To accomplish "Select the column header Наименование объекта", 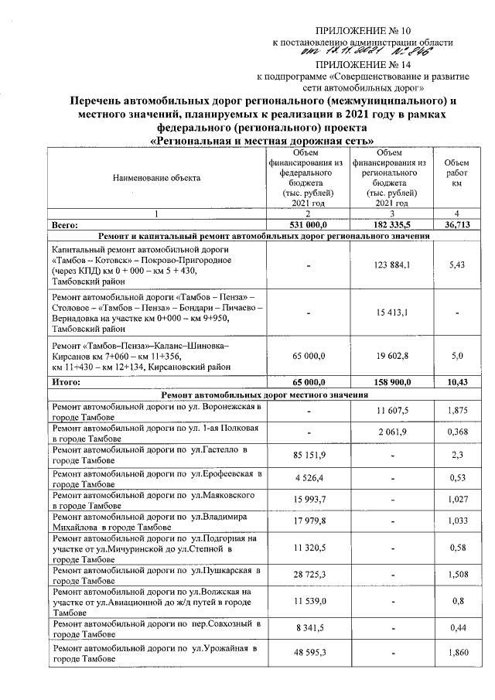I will point(156,178).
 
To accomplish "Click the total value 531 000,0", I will point(308,224).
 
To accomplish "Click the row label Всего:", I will point(66,224).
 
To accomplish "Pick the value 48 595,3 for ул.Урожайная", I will point(308,654).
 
